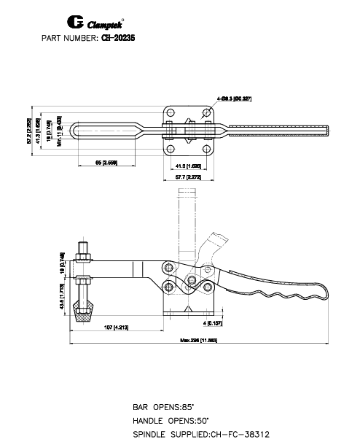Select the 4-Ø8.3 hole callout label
tap(234, 98)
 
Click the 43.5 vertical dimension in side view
tap(63, 293)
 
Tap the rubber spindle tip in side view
tap(85, 314)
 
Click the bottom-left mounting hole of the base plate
tap(171, 148)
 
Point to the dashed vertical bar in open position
tap(188, 219)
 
